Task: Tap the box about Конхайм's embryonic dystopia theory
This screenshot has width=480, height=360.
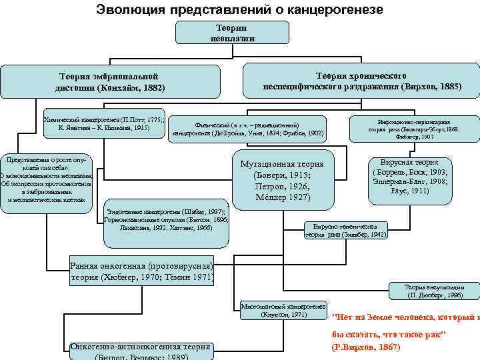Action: click(x=110, y=82)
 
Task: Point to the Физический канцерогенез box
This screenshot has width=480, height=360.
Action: click(x=248, y=129)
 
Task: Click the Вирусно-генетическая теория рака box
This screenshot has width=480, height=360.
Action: click(x=345, y=230)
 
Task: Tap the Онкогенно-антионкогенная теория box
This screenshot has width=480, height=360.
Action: click(x=142, y=349)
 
